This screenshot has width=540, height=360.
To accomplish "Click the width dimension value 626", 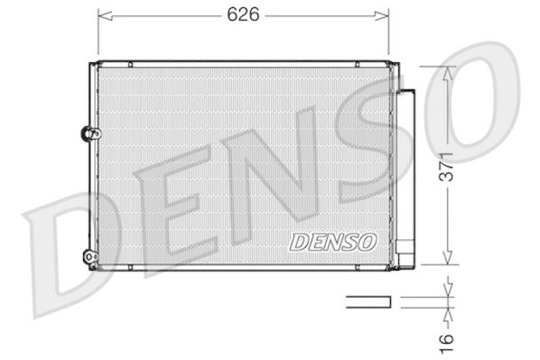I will point(243,15).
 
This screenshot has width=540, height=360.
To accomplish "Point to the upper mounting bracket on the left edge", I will point(88,133).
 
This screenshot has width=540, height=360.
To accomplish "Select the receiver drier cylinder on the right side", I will point(406,169).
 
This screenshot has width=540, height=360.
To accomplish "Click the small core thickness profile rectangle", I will point(369,302).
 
